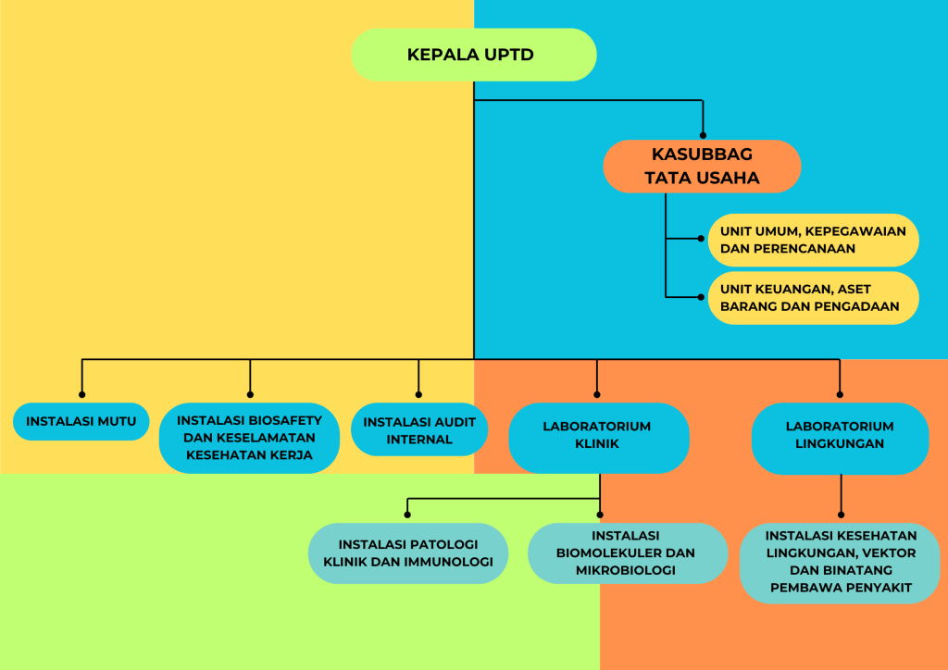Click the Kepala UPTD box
click(473, 55)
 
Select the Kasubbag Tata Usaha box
click(702, 167)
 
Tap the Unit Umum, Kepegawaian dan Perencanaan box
click(813, 240)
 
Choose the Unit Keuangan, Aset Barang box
click(813, 298)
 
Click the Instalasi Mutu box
click(81, 422)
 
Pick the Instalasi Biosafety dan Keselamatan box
click(249, 438)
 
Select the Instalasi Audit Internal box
click(419, 430)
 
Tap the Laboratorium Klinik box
click(598, 436)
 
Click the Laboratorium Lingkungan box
click(840, 436)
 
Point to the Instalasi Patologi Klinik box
click(407, 552)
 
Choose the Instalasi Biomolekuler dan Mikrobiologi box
click(627, 553)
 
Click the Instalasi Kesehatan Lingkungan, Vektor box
click(840, 561)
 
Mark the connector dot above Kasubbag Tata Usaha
click(703, 135)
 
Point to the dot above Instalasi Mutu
click(82, 395)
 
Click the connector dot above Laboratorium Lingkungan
click(840, 393)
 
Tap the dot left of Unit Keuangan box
click(701, 297)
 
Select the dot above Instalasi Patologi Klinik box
click(407, 515)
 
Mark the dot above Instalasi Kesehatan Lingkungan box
click(841, 514)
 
